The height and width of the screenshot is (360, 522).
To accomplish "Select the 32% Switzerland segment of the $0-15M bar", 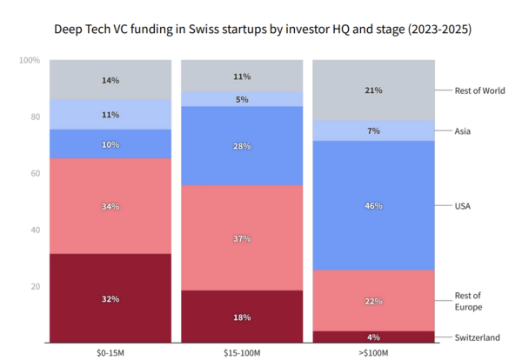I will click(110, 298).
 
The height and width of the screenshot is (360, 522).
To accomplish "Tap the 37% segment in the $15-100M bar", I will click(241, 238).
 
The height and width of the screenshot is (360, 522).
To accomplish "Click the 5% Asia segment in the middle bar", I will click(241, 99).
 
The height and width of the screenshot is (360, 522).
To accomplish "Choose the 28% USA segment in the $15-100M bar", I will click(241, 146).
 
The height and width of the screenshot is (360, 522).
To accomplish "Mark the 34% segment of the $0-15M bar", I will click(110, 206).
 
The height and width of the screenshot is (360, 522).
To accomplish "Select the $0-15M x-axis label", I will click(110, 351).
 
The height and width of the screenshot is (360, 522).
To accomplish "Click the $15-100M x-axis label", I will click(241, 351).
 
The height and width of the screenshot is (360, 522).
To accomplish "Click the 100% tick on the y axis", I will click(29, 60).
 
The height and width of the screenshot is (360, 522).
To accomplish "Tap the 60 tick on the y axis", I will click(33, 173).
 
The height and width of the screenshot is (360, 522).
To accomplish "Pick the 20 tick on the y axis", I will click(33, 286).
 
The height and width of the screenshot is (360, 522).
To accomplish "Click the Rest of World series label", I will click(479, 90).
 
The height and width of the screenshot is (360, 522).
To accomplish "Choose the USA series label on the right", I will click(464, 206).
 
